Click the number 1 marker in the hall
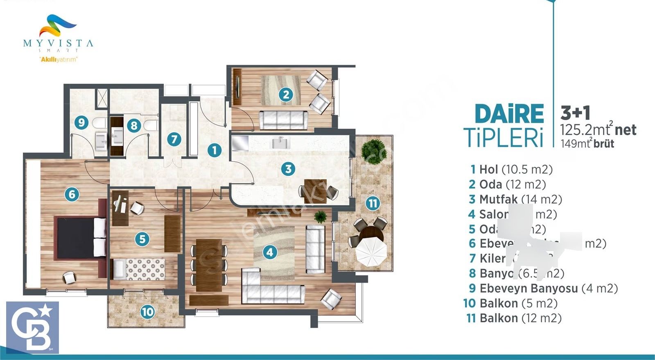tap(214, 150)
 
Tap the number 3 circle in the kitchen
tap(288, 169)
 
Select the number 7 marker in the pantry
tap(174, 139)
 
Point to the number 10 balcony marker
tap(147, 312)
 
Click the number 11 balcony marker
tap(373, 203)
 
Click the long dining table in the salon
tap(209, 265)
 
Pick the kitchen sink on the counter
tap(280, 143)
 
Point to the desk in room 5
tap(120, 208)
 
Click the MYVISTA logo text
tap(58, 43)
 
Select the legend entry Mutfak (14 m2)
tap(515, 199)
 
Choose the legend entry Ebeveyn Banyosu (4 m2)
tap(543, 288)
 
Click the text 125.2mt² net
tap(598, 130)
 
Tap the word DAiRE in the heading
tap(509, 114)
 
